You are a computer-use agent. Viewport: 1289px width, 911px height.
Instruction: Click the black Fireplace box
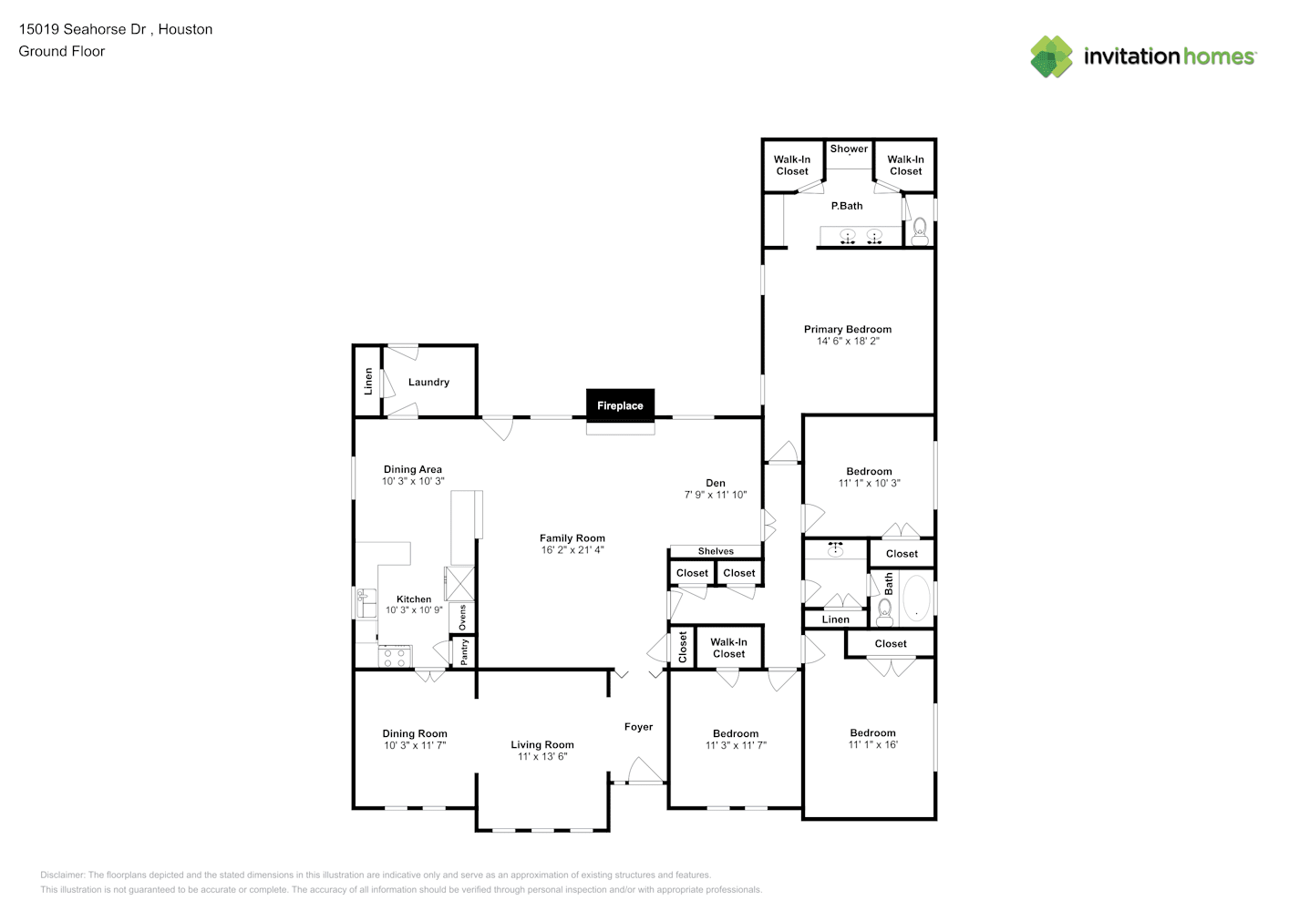point(620,404)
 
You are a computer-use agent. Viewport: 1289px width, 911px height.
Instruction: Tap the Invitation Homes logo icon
point(1051,56)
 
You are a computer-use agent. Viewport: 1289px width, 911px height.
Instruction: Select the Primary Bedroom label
point(848,329)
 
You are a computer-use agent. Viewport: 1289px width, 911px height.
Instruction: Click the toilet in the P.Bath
point(920,231)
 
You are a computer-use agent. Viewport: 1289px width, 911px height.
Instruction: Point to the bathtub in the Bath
point(916,598)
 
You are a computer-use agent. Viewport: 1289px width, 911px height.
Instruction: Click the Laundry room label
point(428,382)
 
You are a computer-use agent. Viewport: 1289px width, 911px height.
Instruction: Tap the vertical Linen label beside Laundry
point(368,382)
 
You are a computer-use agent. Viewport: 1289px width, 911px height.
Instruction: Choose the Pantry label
point(464,651)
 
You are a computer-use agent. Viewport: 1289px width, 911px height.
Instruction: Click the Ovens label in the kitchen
point(462,618)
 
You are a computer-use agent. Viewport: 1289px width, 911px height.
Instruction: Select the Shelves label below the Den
point(716,551)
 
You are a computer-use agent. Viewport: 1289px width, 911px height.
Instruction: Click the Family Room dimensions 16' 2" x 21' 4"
point(572,550)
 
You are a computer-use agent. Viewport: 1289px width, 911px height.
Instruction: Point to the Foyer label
point(639,727)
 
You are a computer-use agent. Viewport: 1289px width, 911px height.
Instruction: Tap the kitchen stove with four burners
point(395,657)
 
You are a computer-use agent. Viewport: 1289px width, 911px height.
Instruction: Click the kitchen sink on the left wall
point(366,603)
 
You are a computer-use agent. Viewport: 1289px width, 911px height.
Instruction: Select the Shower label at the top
point(849,148)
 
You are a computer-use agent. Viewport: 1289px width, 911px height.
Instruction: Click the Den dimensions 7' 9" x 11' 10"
point(716,495)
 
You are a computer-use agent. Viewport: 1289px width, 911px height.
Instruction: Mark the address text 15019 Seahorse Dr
point(82,29)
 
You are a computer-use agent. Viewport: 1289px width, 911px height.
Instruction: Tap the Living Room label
point(542,744)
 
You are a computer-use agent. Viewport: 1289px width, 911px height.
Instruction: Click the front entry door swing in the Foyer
point(645,770)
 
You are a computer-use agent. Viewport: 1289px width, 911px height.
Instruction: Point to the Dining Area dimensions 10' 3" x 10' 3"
point(413,481)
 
